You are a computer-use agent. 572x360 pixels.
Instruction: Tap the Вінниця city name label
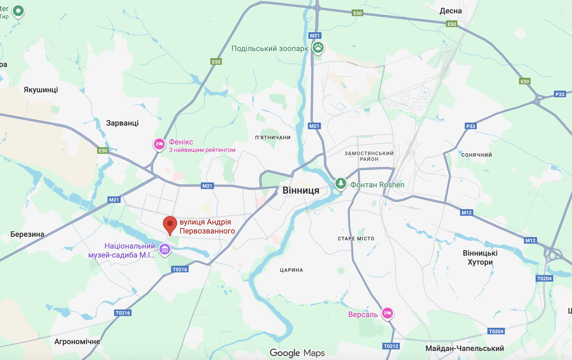[301, 190]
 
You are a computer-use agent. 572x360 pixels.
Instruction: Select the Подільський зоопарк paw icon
[318, 47]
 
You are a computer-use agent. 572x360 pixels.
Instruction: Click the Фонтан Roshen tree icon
[340, 183]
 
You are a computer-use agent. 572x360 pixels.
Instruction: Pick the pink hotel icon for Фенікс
[159, 144]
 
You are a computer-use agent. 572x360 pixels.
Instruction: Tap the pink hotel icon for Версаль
[387, 313]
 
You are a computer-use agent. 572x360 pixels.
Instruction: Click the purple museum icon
[165, 249]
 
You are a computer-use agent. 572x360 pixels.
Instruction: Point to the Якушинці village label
[41, 90]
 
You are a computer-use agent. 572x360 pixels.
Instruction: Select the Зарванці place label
[122, 123]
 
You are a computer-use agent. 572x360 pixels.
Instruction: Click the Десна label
[450, 11]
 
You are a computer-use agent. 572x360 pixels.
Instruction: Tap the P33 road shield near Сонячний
[470, 126]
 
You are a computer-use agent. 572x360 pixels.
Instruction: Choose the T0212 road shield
[391, 346]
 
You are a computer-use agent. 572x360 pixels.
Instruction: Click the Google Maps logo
[297, 353]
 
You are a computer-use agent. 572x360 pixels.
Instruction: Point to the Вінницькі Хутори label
[480, 258]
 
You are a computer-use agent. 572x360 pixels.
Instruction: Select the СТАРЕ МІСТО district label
[356, 239]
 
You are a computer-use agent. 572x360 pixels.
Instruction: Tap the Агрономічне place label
[77, 341]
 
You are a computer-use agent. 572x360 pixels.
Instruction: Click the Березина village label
[27, 234]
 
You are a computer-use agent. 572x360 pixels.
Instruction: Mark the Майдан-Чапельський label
[464, 348]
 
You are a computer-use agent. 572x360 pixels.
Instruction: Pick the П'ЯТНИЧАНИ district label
[273, 138]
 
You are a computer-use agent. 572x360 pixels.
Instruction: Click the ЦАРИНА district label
[291, 270]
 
